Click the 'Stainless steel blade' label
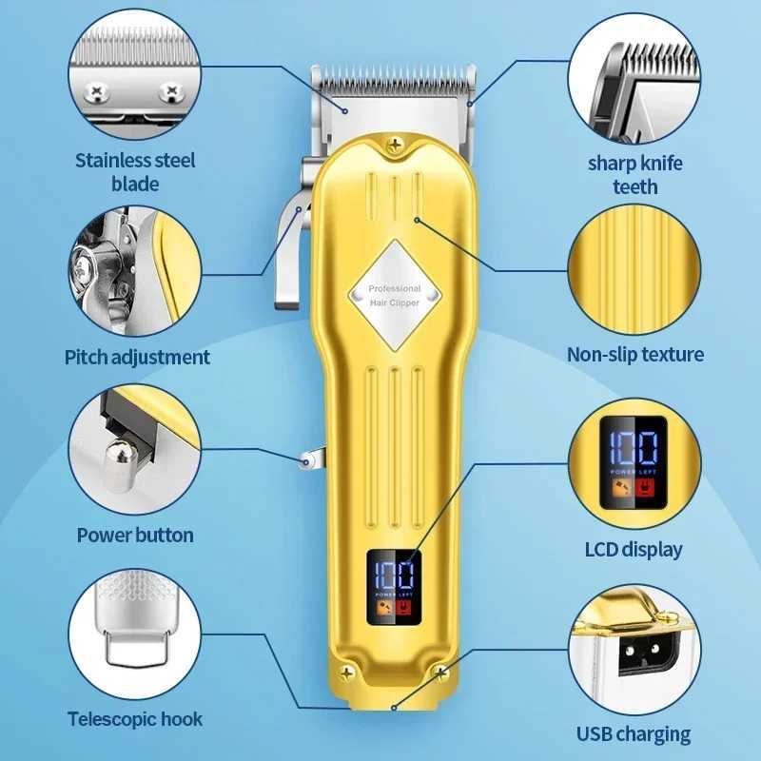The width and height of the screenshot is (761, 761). [x=135, y=172]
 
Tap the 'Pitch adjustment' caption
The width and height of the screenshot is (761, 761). [x=137, y=358]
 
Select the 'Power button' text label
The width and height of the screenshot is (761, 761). [x=135, y=535]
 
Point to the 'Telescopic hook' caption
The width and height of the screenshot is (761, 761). [x=135, y=719]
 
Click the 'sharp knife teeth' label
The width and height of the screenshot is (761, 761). [x=634, y=175]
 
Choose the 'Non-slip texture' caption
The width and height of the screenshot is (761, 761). [x=635, y=354]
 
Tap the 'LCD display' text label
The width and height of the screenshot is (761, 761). [x=634, y=550]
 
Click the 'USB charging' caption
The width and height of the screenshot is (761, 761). [x=634, y=733]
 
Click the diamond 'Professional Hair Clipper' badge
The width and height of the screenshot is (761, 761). [x=395, y=295]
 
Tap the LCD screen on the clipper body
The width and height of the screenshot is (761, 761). [x=394, y=587]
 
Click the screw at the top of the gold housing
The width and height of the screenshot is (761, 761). [x=395, y=145]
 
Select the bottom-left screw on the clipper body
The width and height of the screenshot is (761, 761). [x=346, y=673]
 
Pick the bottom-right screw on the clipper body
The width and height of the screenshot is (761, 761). [x=440, y=673]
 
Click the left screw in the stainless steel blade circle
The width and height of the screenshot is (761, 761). [x=96, y=91]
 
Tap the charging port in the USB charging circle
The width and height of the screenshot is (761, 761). [x=641, y=654]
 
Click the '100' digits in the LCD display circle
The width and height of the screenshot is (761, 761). [x=634, y=447]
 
